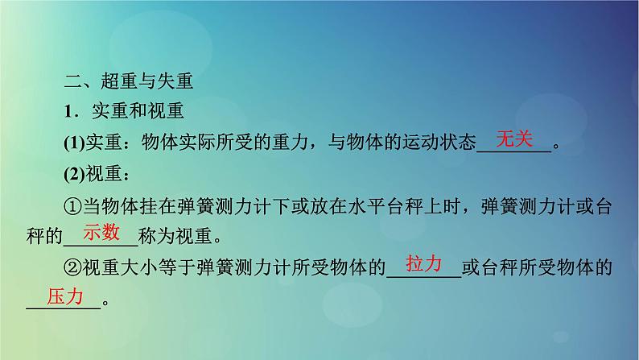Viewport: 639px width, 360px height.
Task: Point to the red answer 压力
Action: click(64, 296)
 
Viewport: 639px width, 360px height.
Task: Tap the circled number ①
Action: click(72, 206)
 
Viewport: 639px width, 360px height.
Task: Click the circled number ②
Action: click(72, 267)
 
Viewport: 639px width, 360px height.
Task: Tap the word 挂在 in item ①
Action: click(146, 206)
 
